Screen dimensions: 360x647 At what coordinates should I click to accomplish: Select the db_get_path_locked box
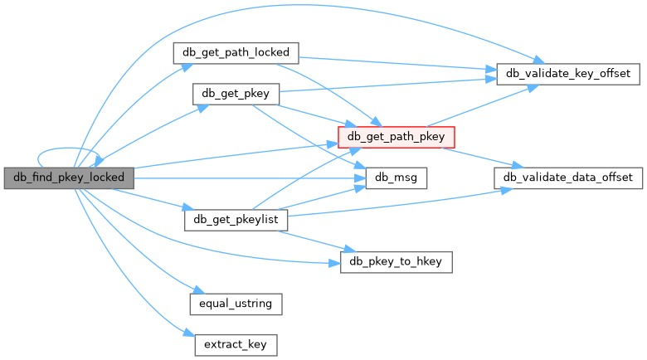pyautogui.click(x=236, y=52)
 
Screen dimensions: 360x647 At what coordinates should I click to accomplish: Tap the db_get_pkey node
pyautogui.click(x=236, y=94)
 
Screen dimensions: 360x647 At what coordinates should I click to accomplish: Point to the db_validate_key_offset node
pyautogui.click(x=568, y=74)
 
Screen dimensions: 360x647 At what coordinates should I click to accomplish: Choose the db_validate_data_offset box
pyautogui.click(x=568, y=178)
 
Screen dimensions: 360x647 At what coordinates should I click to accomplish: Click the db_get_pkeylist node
pyautogui.click(x=236, y=220)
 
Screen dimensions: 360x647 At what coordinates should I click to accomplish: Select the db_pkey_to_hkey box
pyautogui.click(x=396, y=262)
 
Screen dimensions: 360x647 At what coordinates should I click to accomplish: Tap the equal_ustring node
pyautogui.click(x=236, y=304)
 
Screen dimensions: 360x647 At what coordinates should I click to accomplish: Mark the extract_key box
pyautogui.click(x=236, y=344)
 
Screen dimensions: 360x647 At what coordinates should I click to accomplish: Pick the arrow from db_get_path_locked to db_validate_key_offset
pyautogui.click(x=398, y=64)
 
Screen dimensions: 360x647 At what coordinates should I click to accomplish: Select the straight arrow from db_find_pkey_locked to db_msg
pyautogui.click(x=249, y=178)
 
